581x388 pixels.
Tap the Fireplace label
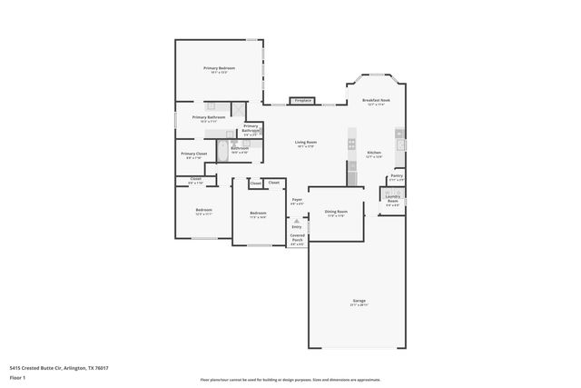(301, 100)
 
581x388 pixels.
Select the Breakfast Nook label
(376, 101)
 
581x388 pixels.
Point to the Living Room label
(305, 143)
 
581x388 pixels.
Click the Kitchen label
(374, 153)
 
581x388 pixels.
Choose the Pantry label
(397, 175)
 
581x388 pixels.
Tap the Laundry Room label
(392, 198)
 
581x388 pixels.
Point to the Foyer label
(296, 200)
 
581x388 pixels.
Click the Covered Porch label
(297, 238)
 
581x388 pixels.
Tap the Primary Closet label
(194, 154)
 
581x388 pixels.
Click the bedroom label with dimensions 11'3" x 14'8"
(258, 214)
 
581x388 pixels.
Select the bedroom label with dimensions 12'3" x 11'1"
(203, 211)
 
